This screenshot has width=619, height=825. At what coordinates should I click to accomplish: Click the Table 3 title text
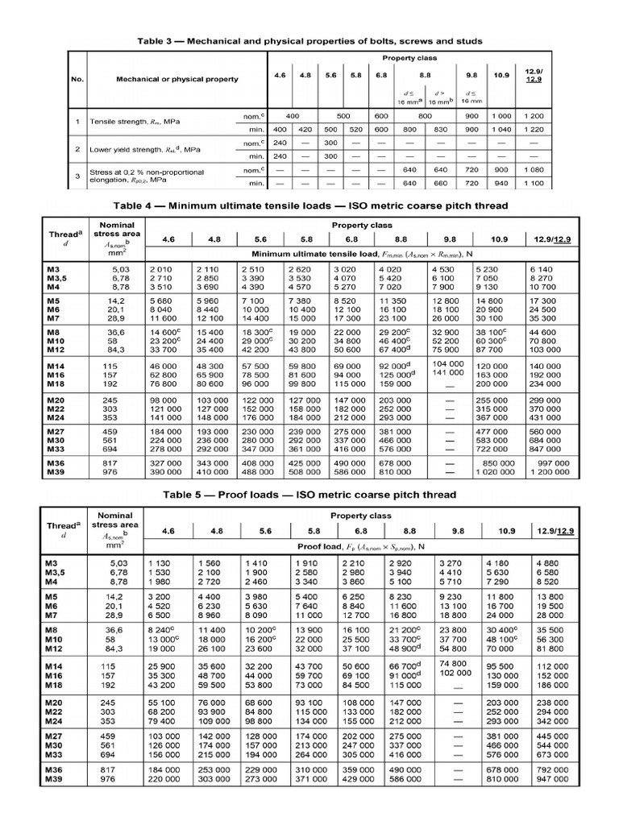pos(309,41)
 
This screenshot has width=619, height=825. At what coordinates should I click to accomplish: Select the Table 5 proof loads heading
pos(309,494)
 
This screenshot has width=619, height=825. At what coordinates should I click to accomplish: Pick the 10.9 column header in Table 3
pos(501,75)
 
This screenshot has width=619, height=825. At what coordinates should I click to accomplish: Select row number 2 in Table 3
pos(77,150)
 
